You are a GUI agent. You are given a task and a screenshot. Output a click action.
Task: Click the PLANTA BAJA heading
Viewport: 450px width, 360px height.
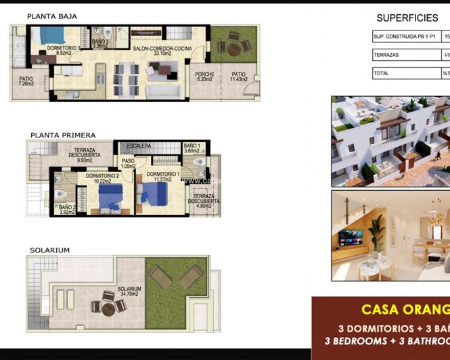point(52,16)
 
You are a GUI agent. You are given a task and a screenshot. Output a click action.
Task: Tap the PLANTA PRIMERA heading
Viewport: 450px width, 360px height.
point(62,135)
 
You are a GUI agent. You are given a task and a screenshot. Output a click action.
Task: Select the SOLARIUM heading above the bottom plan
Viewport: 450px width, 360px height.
point(49,250)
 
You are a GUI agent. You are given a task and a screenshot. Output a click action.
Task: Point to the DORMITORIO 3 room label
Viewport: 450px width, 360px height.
point(63,50)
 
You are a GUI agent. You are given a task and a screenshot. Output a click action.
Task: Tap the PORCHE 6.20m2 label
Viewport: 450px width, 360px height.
point(204,76)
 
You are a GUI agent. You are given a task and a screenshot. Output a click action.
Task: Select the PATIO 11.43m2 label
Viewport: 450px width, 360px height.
point(239,76)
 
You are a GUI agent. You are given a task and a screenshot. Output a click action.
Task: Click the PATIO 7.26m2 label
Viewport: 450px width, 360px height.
point(22,82)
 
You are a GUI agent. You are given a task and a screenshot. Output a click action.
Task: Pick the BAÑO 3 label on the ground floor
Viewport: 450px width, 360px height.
point(100,44)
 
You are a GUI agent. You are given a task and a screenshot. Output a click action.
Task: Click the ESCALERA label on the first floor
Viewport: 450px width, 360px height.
point(139,145)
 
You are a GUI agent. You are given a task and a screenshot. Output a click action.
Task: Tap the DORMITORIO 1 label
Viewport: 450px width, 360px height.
point(163,177)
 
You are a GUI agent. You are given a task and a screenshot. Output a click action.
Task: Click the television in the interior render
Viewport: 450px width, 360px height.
point(351,238)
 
